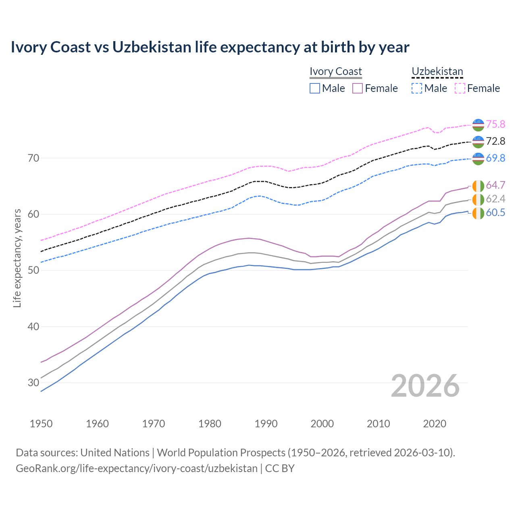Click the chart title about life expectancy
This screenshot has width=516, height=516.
point(210,47)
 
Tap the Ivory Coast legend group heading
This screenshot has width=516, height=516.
point(336,71)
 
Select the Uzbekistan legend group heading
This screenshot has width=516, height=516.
point(437,71)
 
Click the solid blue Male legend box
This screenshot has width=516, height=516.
point(315,88)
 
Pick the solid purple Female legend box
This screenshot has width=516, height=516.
point(358,88)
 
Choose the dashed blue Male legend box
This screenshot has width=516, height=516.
point(417,88)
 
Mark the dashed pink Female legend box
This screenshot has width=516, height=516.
point(460,88)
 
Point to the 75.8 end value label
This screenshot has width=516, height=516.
point(495,124)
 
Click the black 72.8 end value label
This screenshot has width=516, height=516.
point(495,141)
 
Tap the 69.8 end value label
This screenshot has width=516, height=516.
point(495,158)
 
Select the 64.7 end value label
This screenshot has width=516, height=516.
point(495,185)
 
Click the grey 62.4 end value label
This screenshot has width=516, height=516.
point(495,199)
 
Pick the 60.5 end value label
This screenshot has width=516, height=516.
point(495,212)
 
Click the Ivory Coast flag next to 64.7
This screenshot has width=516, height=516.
point(478,186)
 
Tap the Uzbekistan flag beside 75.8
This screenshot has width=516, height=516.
point(478,125)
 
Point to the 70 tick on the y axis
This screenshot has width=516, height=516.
point(33,158)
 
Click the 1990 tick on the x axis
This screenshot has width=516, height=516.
point(266,424)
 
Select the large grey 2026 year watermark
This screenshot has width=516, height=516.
point(425,386)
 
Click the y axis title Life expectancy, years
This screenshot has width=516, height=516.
point(17,258)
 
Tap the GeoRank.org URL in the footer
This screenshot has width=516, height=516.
point(137,468)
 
